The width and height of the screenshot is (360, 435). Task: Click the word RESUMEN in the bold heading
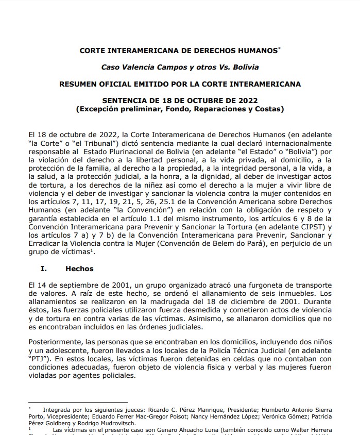(x=77, y=83)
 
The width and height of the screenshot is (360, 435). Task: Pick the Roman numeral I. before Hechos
(x=43, y=269)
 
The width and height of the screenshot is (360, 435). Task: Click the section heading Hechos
(x=79, y=269)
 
